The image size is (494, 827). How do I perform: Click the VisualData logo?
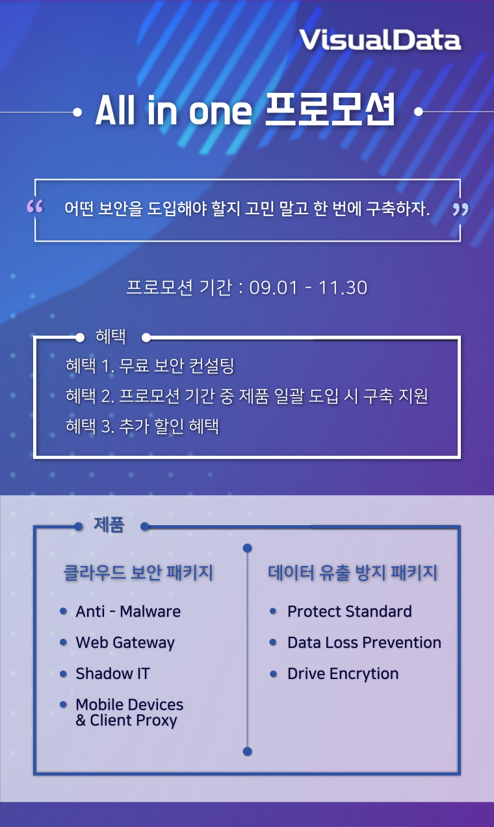[380, 40]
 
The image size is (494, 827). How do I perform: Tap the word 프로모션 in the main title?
[330, 109]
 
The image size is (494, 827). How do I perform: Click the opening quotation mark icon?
[35, 206]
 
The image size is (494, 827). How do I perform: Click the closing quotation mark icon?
[461, 209]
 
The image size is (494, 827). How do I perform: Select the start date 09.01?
[273, 288]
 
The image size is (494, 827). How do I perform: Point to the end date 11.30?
[343, 288]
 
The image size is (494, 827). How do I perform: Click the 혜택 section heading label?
[110, 336]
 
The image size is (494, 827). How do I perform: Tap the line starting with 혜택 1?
[149, 366]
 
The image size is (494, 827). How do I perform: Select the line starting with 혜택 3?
[142, 426]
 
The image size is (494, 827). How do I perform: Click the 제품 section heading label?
[109, 525]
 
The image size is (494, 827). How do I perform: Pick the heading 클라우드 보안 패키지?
[138, 573]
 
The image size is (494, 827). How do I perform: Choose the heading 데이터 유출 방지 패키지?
[353, 573]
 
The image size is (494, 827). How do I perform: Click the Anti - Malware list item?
[128, 611]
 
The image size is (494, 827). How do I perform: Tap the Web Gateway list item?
[125, 643]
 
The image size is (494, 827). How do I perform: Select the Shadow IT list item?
[113, 673]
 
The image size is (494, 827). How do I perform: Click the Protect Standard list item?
[350, 611]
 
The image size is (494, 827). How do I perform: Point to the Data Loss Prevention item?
[364, 643]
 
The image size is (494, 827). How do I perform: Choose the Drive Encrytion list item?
[343, 674]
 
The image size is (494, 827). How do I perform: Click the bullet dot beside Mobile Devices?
[63, 704]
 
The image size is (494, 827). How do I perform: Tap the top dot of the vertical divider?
[248, 549]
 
